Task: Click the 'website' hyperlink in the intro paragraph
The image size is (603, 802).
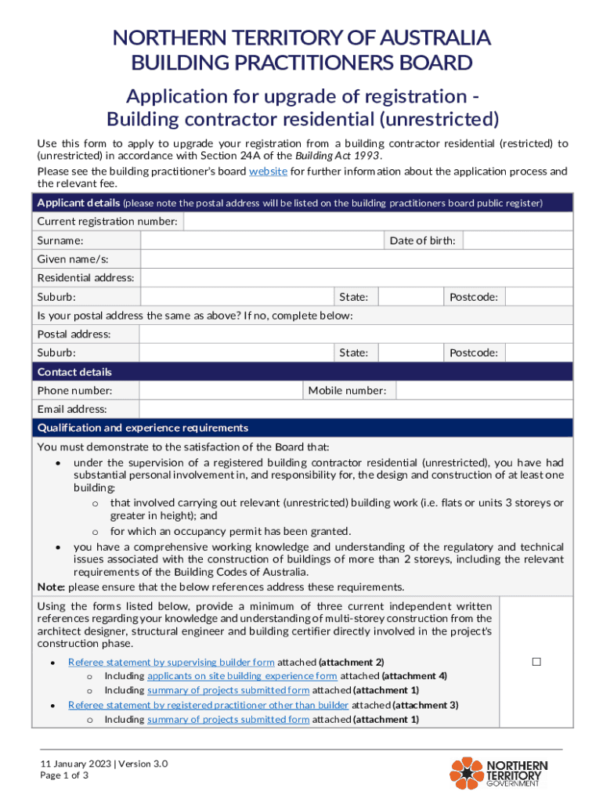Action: [x=268, y=172]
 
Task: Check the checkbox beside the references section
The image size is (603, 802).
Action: [x=536, y=662]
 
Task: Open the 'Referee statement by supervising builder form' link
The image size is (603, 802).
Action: [x=172, y=662]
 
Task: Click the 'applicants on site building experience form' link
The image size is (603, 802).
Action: [x=242, y=676]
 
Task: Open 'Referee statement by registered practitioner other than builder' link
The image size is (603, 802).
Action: [x=208, y=705]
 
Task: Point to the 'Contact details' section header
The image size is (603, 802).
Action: [x=74, y=372]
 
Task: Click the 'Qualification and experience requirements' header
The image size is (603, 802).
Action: [x=143, y=428]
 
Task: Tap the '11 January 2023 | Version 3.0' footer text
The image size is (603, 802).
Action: [x=105, y=764]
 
